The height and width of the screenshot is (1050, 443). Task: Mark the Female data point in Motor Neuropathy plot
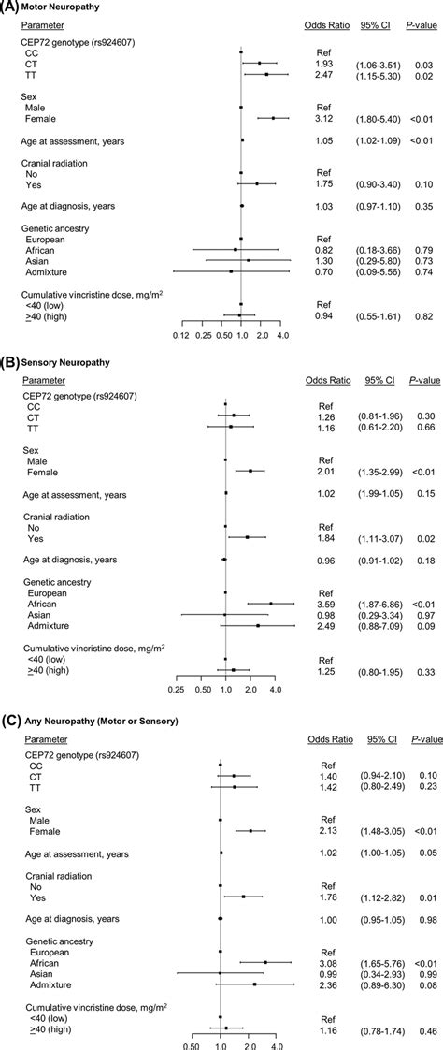click(x=273, y=118)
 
